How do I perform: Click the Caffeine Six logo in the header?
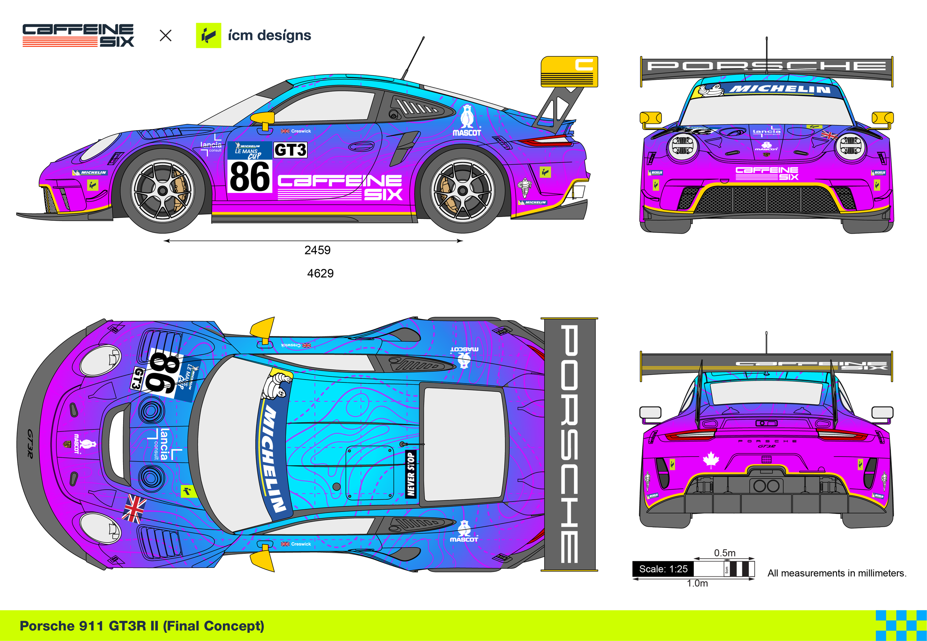pyautogui.click(x=78, y=35)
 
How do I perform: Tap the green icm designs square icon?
pyautogui.click(x=208, y=35)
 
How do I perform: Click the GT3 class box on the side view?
pyautogui.click(x=290, y=150)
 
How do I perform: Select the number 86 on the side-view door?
pyautogui.click(x=250, y=177)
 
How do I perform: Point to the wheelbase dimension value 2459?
pyautogui.click(x=317, y=250)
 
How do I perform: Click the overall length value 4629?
pyautogui.click(x=320, y=273)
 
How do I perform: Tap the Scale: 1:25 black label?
pyautogui.click(x=663, y=569)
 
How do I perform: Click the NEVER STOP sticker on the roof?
pyautogui.click(x=411, y=474)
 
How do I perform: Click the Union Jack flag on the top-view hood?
pyautogui.click(x=134, y=508)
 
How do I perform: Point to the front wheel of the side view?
pyautogui.click(x=163, y=191)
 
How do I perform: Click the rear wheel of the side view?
pyautogui.click(x=462, y=191)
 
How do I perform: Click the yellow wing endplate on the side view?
pyautogui.click(x=569, y=72)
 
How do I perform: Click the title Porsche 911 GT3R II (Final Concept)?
pyautogui.click(x=142, y=626)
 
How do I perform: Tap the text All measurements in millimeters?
pyautogui.click(x=837, y=573)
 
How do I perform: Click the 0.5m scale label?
pyautogui.click(x=725, y=553)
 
